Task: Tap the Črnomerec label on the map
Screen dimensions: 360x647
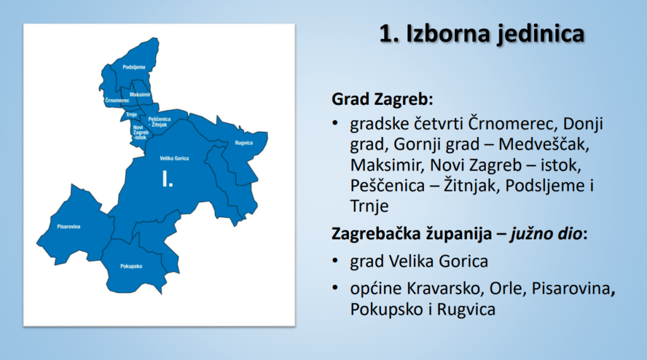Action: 118,100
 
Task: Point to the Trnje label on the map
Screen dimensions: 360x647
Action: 131,114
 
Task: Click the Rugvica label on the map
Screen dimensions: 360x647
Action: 243,143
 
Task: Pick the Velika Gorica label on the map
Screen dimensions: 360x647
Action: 174,158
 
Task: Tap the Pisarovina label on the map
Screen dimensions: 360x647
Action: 69,226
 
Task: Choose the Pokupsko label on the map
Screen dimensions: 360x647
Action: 131,266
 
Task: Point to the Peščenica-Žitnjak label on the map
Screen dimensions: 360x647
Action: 159,121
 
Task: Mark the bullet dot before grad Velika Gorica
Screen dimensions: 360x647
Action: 337,261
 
